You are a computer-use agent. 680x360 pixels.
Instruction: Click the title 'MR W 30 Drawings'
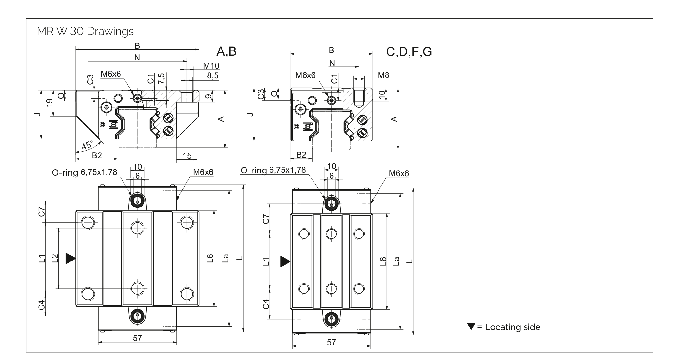pos(85,31)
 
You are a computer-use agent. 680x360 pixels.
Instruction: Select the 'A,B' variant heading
pos(226,51)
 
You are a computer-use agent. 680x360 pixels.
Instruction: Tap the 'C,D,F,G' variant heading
pos(409,52)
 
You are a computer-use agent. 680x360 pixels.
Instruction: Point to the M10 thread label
pos(211,66)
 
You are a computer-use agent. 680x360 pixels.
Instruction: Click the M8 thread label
pos(383,75)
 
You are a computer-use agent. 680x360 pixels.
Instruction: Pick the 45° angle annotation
pos(87,145)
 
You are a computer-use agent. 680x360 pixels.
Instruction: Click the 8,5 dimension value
pos(212,75)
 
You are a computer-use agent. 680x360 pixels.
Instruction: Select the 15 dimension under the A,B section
pos(187,155)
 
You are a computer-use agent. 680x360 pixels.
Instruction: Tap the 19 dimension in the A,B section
pos(49,103)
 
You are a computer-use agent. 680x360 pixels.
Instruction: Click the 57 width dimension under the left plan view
pos(137,338)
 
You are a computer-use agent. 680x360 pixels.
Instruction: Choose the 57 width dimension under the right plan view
pos(331,342)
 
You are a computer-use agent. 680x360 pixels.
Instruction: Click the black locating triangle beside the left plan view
pos(70,258)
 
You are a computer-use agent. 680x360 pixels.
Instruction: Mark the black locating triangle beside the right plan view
pos(285,261)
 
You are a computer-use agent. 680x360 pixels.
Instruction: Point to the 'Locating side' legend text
pos(513,327)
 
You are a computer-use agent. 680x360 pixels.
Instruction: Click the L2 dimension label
pos(55,258)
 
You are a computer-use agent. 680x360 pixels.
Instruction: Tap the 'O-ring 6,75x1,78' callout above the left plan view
pos(84,172)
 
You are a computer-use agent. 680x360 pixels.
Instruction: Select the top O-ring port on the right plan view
pos(331,204)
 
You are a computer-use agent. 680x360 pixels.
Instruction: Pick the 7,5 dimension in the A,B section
pos(161,78)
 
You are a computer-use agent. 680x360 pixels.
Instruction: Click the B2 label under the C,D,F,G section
pos(301,155)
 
